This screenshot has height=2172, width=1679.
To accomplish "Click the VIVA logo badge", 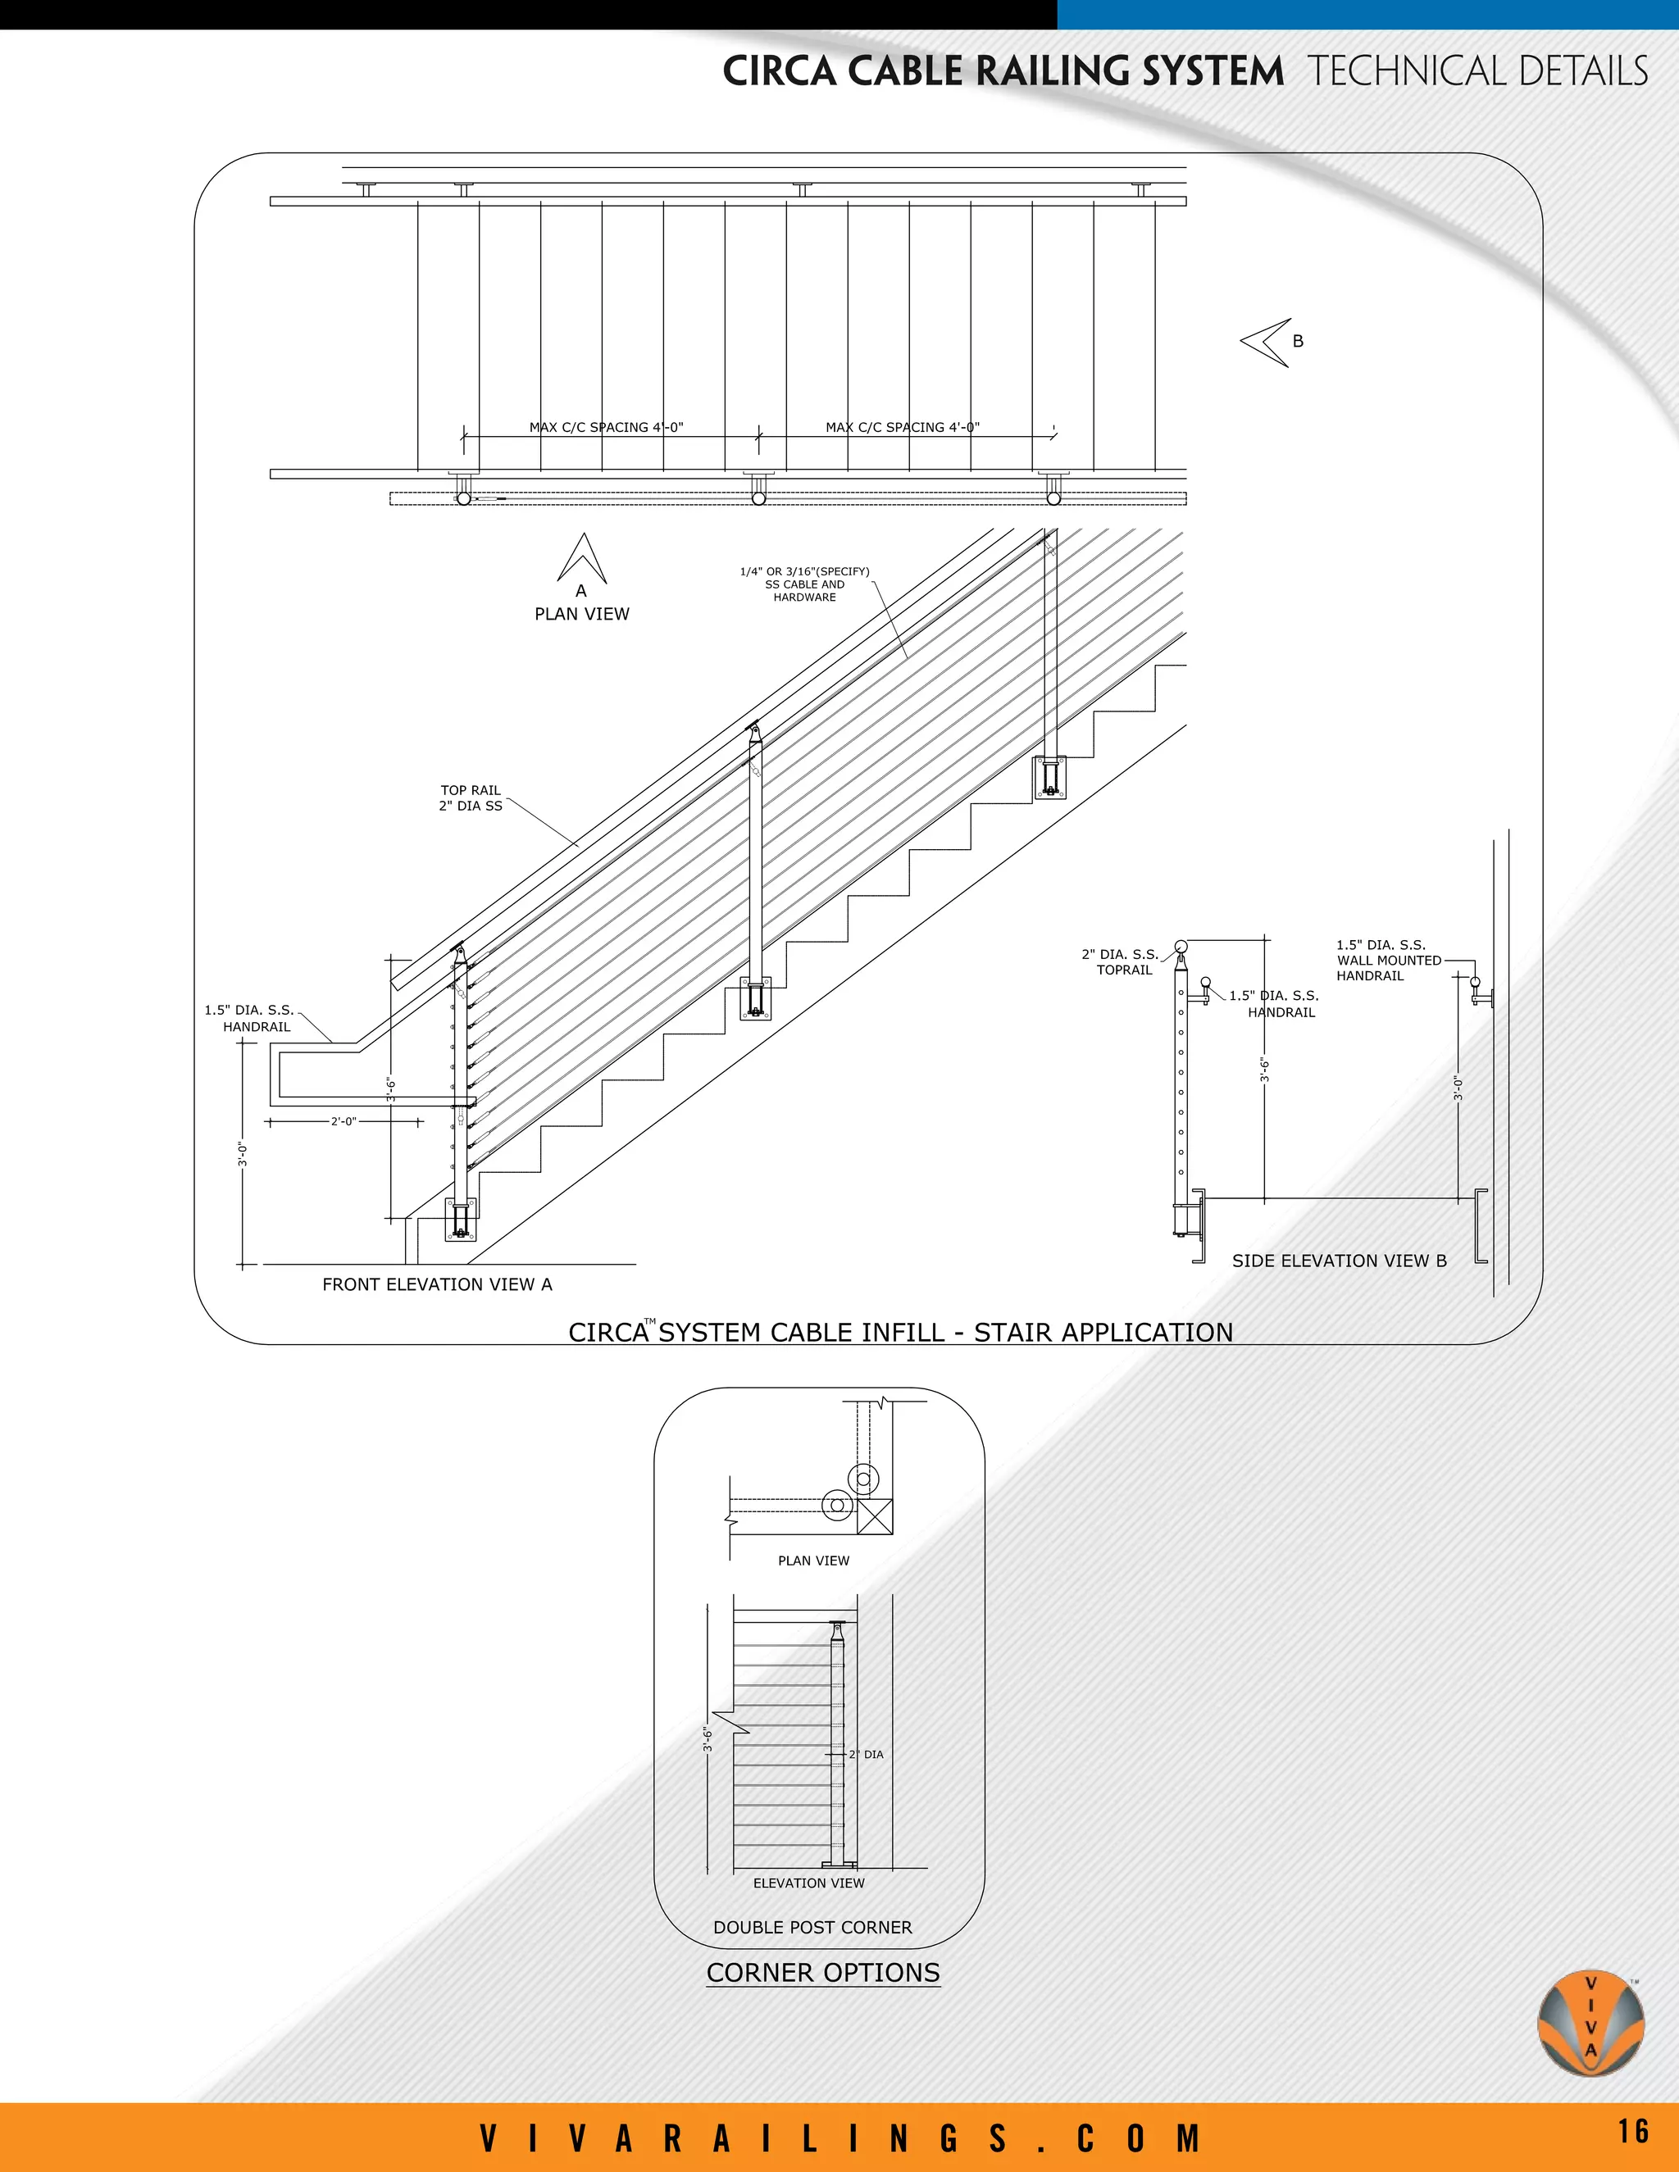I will click(x=1590, y=2022).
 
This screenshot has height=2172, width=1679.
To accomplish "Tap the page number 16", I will click(x=1632, y=2130).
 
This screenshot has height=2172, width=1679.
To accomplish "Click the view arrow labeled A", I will click(x=582, y=560).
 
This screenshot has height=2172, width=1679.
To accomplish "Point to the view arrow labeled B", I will click(x=1265, y=342).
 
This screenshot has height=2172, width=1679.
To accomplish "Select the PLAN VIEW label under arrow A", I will click(x=582, y=615).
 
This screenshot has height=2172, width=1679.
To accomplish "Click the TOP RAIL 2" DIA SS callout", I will click(x=471, y=798).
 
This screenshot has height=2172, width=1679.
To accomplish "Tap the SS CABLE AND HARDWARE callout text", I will click(x=805, y=584).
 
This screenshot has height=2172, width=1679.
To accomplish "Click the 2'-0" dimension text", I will click(x=344, y=1122).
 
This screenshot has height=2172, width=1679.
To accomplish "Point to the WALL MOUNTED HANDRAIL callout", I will click(x=1388, y=961).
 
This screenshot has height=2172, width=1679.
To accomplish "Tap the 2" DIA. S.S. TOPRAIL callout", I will click(x=1120, y=961).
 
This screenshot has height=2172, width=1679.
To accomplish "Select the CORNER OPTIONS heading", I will click(x=822, y=1973).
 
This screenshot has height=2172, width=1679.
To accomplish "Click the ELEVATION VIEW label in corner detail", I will click(x=808, y=1883).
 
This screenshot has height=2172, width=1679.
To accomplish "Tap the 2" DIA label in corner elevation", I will click(x=866, y=1754).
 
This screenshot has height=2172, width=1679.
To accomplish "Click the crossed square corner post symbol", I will click(x=874, y=1515).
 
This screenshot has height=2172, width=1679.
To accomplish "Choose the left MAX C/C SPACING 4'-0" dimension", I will click(x=606, y=428).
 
